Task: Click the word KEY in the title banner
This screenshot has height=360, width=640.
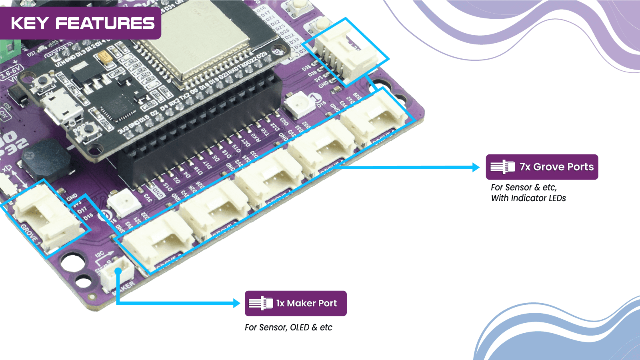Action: (30, 24)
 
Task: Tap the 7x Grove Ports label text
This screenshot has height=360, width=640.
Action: (556, 167)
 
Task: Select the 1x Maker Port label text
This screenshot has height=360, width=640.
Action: (306, 303)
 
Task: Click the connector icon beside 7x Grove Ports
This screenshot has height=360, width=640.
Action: (503, 167)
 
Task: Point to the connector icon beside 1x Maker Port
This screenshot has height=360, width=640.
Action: (260, 303)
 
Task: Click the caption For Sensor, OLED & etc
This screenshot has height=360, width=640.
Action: (288, 327)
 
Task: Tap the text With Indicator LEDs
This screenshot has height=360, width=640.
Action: (528, 198)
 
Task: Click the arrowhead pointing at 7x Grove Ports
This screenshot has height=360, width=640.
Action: (476, 167)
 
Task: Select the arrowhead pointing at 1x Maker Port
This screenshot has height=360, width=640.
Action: (236, 303)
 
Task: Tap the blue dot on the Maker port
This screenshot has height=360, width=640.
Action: (118, 271)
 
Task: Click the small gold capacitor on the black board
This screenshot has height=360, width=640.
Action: (106, 60)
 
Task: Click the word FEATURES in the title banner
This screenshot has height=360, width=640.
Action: (105, 24)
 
